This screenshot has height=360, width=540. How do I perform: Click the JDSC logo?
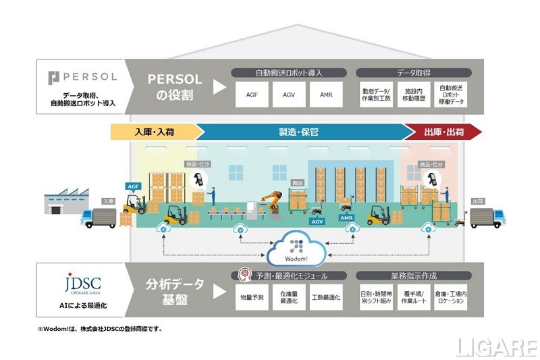coord(82,283)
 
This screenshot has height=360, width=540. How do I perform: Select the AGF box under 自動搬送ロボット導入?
coord(248,95)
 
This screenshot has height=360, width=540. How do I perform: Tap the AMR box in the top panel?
coord(327,95)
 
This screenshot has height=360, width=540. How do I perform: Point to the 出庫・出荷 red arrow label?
coord(443,132)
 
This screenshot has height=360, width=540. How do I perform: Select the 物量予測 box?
coord(252,298)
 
